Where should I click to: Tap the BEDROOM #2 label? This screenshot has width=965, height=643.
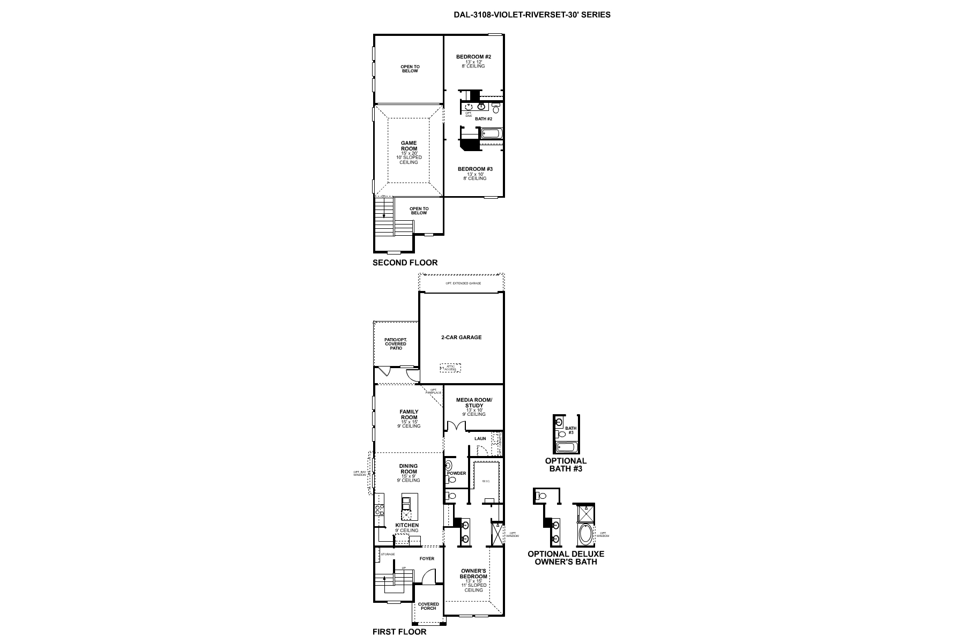473,57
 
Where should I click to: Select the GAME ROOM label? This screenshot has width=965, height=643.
409,146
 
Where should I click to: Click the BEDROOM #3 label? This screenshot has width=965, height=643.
475,169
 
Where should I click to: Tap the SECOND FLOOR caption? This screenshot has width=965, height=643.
405,263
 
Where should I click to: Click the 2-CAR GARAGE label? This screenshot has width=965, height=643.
461,338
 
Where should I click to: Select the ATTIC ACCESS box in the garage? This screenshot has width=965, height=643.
450,368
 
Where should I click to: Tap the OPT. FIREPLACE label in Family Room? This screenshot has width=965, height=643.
434,391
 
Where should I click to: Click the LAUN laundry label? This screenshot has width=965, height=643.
480,438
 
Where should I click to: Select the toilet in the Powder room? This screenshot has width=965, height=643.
450,480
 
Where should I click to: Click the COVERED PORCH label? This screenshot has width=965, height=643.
428,606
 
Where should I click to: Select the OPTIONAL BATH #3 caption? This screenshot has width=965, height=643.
566,465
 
